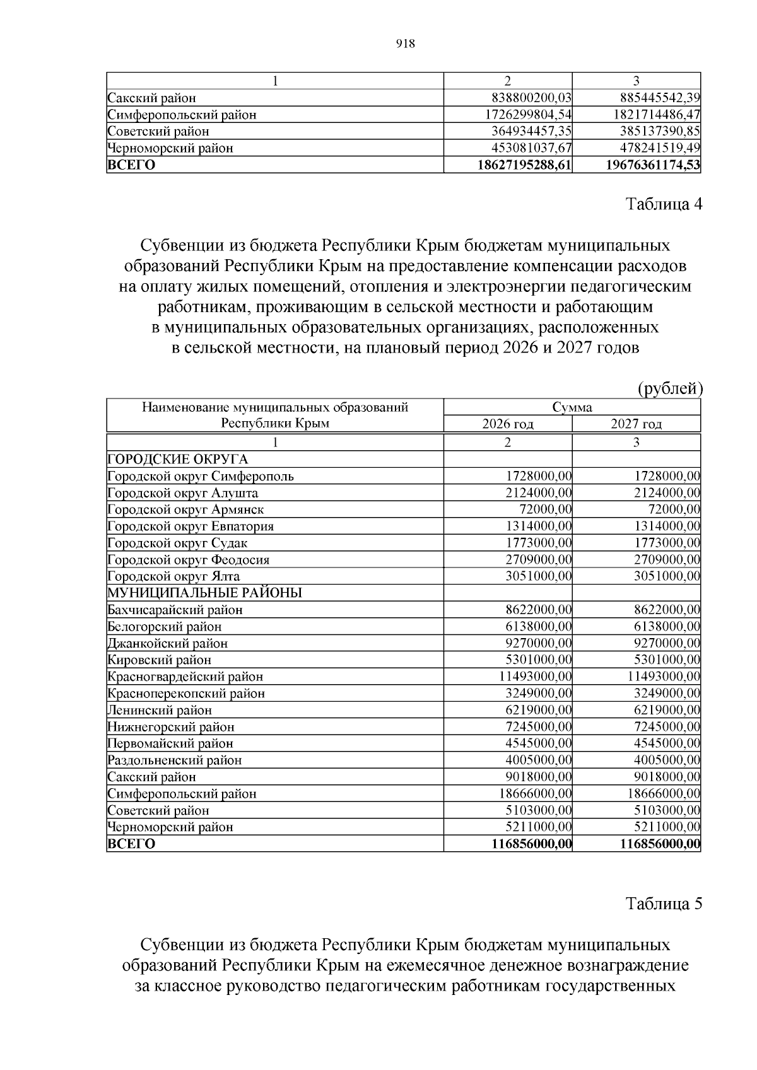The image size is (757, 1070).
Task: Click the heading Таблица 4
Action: click(664, 204)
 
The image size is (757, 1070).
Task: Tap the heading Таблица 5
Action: click(664, 904)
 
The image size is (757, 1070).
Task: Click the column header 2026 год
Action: click(508, 424)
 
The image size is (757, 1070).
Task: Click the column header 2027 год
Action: click(636, 424)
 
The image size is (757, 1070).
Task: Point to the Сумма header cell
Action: click(572, 407)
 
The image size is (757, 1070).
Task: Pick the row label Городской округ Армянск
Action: click(185, 509)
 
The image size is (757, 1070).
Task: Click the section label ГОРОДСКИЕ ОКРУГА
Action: click(178, 459)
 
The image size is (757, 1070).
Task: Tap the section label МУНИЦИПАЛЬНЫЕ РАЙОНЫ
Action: click(204, 593)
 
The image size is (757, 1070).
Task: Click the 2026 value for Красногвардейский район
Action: click(535, 677)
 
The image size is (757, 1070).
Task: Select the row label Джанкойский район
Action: click(168, 643)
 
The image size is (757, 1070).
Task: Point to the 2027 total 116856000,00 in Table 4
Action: click(660, 844)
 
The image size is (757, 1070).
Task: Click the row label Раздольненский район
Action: click(175, 760)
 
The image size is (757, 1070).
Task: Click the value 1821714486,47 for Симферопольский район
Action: click(657, 115)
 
